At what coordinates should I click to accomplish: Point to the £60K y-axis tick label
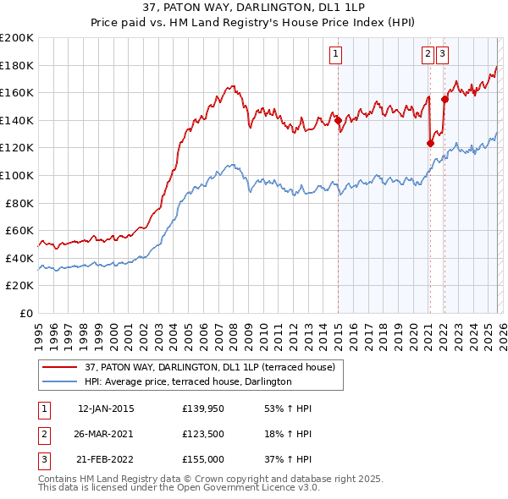point(19,230)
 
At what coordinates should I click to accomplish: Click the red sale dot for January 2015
point(338,120)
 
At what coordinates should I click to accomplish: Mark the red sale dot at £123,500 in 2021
point(430,143)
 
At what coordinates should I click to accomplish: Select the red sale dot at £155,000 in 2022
point(444,100)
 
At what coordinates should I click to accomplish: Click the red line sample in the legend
point(58,367)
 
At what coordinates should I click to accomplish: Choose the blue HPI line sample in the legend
point(58,381)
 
